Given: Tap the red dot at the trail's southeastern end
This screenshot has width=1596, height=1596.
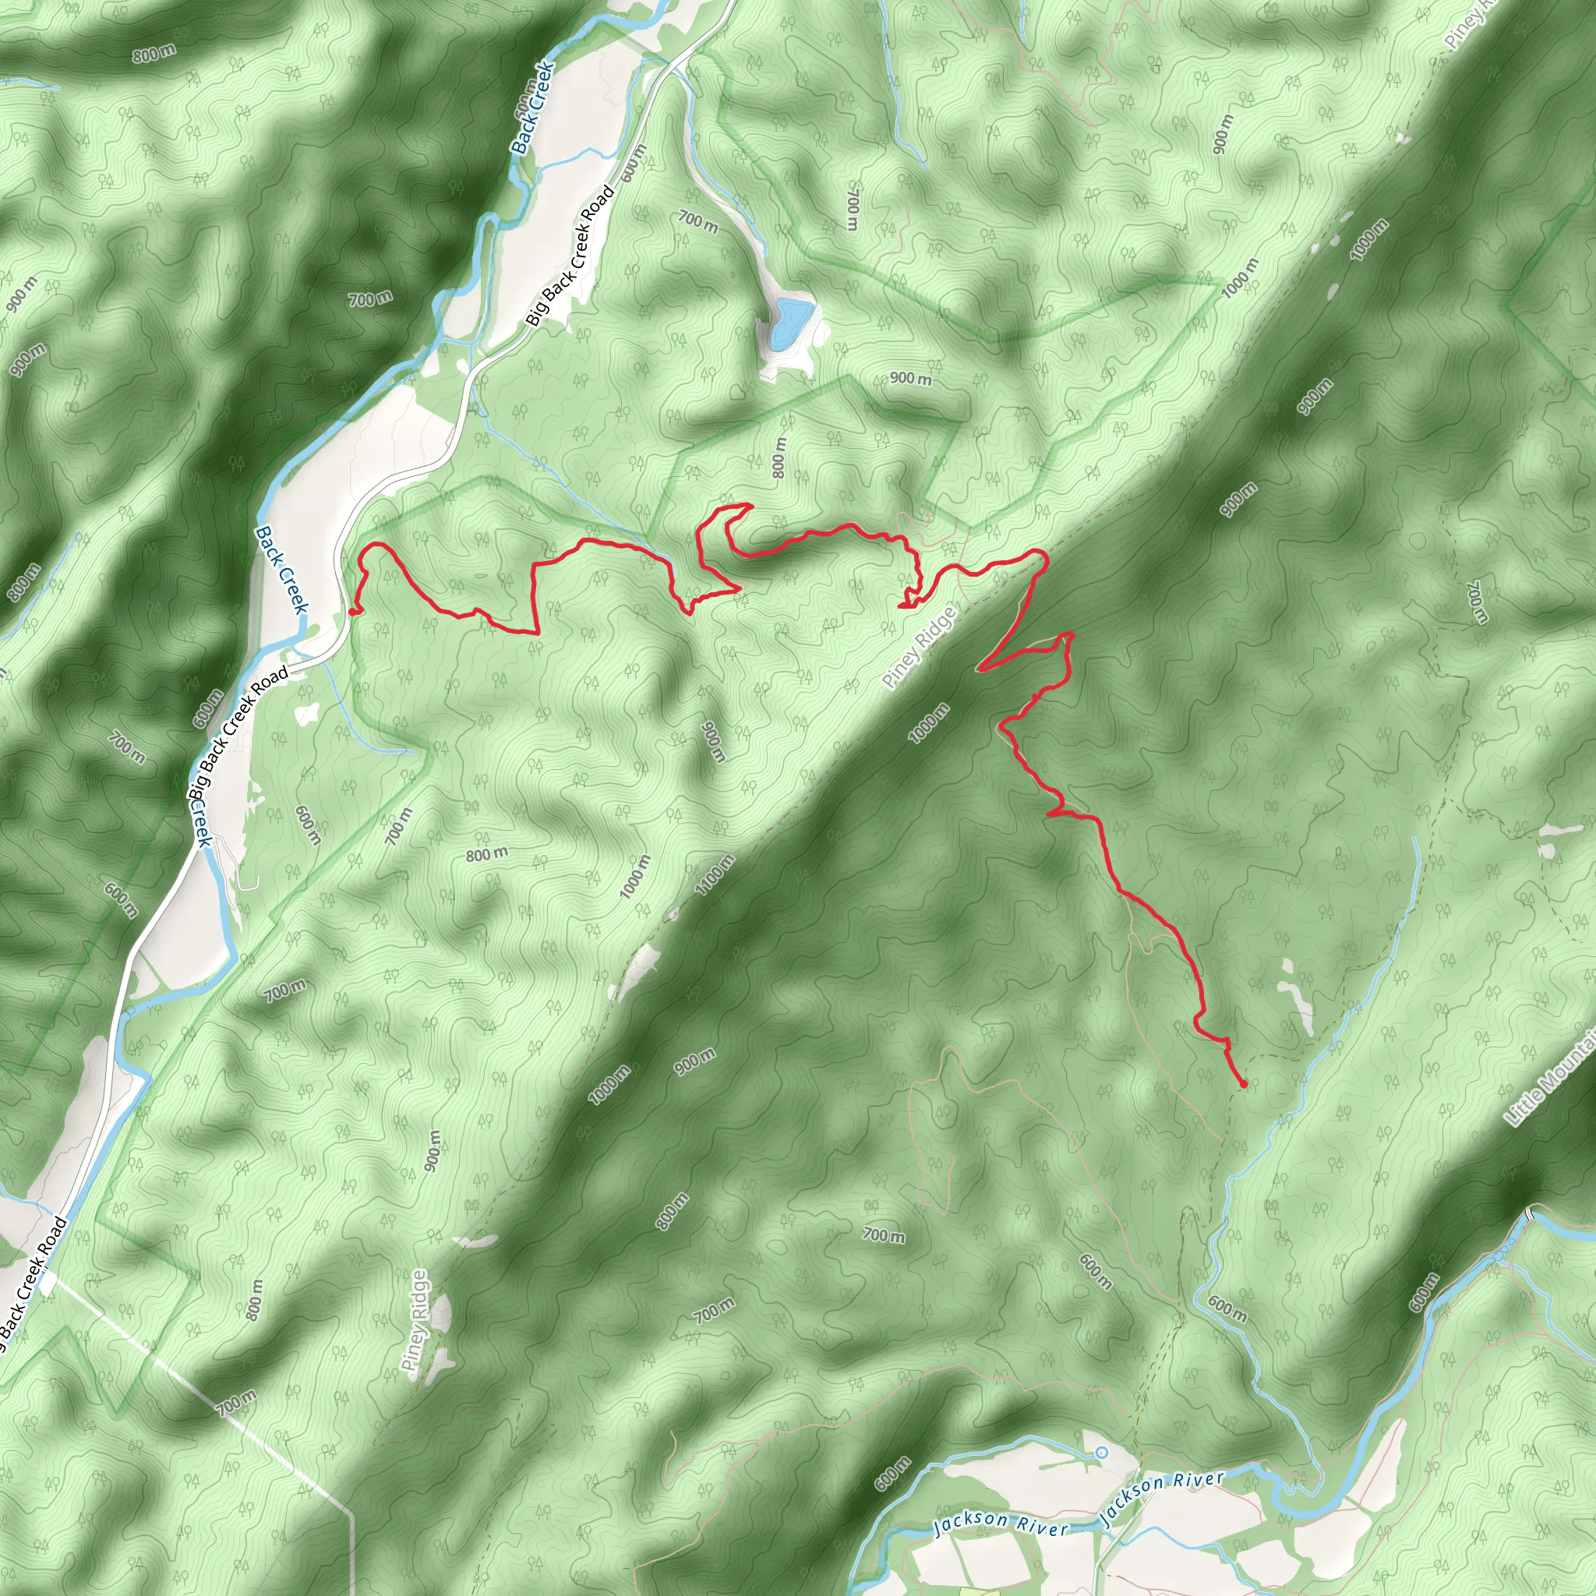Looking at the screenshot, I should coord(1243,1084).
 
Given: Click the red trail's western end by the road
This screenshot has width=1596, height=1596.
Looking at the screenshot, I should coord(353,612).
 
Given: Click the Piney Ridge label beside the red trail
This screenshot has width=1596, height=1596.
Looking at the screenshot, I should coord(919,648).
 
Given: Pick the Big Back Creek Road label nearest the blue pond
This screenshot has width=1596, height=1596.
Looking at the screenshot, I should coord(570,256).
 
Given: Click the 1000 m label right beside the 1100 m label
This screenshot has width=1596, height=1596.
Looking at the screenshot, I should coord(636,877).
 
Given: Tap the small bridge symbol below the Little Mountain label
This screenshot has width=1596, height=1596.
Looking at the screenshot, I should coord(1529,1213).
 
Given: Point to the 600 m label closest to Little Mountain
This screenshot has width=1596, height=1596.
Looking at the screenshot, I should coord(1425,1293).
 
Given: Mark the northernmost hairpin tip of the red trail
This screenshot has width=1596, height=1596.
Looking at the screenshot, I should coord(749,505).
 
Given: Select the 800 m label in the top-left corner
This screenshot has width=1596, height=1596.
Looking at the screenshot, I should coord(154,55).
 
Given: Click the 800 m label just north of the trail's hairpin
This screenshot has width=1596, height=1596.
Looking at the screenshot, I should coord(779,457).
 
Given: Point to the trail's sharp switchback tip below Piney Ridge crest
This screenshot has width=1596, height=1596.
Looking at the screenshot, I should coord(980,669).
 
